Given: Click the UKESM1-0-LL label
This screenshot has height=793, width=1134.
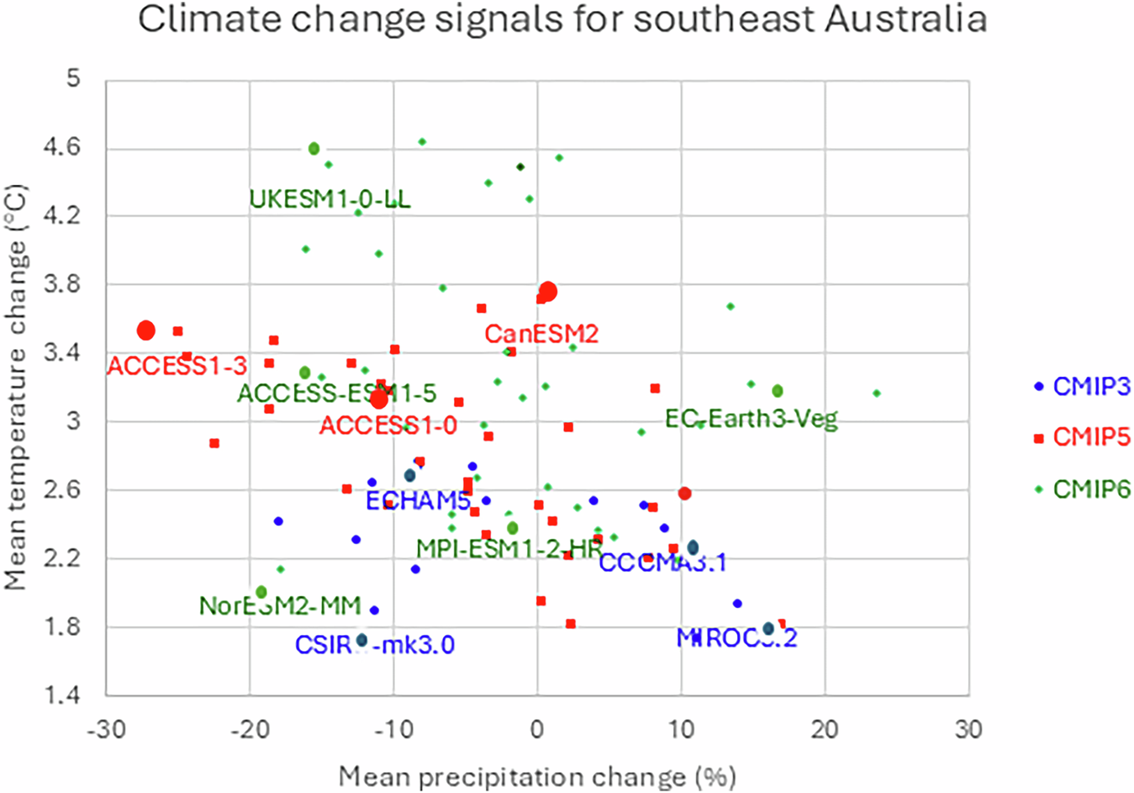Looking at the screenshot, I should tap(330, 199).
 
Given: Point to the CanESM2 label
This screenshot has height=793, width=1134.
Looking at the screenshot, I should tap(541, 334).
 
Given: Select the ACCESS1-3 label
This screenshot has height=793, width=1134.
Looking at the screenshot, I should tap(177, 366).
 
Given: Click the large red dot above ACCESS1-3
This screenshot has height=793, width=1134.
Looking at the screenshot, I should tap(146, 330).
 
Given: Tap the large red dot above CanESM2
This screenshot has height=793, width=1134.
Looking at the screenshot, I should tap(548, 292).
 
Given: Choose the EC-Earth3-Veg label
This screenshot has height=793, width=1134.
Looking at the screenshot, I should tap(752, 419).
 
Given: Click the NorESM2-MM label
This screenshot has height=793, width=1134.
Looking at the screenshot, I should tap(280, 605).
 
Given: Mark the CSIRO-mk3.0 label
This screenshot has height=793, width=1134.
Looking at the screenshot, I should tap(374, 645).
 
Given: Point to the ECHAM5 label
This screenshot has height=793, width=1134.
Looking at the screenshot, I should tap(418, 501).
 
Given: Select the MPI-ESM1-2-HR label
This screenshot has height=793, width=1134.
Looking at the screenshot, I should tap(509, 549).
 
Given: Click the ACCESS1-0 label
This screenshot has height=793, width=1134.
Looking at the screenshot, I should tap(388, 426).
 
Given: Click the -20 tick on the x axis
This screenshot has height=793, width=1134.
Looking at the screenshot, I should tap(250, 730).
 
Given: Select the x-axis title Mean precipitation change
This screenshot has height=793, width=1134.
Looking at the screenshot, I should tap(537, 776).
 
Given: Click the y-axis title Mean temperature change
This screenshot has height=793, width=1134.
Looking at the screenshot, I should tap(16, 387).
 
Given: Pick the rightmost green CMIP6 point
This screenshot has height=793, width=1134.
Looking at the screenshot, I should tap(877, 394).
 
